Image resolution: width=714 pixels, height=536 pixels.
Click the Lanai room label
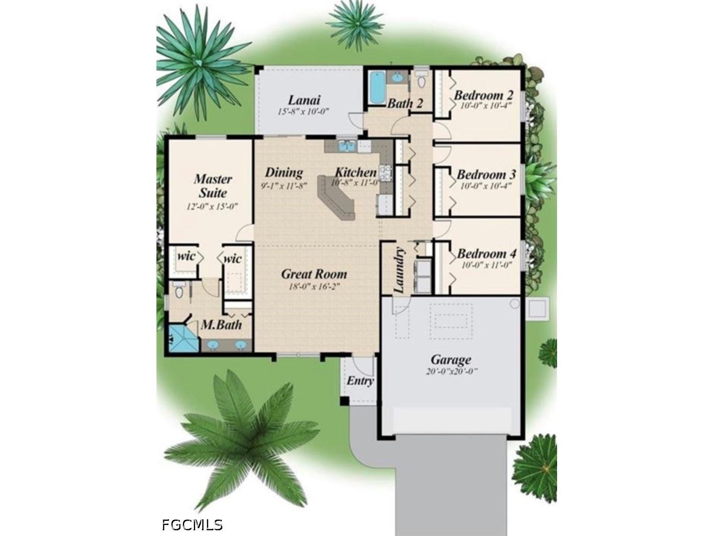click(x=304, y=99)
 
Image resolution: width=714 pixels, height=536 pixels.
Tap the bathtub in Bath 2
click(x=376, y=88)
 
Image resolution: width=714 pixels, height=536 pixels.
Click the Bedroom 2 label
click(x=483, y=95)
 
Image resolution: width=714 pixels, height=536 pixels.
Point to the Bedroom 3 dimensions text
click(x=484, y=186)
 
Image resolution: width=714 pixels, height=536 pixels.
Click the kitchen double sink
click(x=346, y=147)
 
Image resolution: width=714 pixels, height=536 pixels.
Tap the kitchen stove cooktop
click(x=387, y=172)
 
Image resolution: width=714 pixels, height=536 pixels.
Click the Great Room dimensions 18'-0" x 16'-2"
click(x=314, y=286)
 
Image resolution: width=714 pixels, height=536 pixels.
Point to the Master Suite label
click(x=212, y=186)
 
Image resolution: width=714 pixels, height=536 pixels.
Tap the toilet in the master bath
click(x=179, y=291)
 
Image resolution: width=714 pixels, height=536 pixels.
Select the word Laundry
click(x=399, y=270)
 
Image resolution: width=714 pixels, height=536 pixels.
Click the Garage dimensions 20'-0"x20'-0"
click(x=450, y=372)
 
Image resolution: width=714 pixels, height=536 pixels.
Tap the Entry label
click(x=360, y=381)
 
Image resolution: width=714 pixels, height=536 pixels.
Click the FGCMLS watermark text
click(x=192, y=524)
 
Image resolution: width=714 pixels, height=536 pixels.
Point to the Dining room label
click(x=284, y=172)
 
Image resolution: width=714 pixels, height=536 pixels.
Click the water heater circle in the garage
click(x=514, y=304)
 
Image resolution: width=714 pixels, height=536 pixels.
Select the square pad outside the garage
click(x=538, y=308)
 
